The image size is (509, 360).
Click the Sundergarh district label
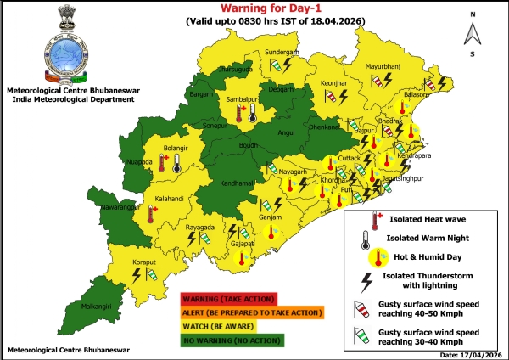pyautogui.click(x=282, y=52)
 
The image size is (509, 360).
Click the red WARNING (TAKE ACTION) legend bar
pyautogui.click(x=228, y=298)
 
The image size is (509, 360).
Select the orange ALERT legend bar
pyautogui.click(x=251, y=312)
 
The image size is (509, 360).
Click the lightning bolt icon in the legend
pyautogui.click(x=367, y=281)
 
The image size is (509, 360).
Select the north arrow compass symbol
pyautogui.click(x=473, y=33)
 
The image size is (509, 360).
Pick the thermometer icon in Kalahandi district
pyautogui.click(x=152, y=216)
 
